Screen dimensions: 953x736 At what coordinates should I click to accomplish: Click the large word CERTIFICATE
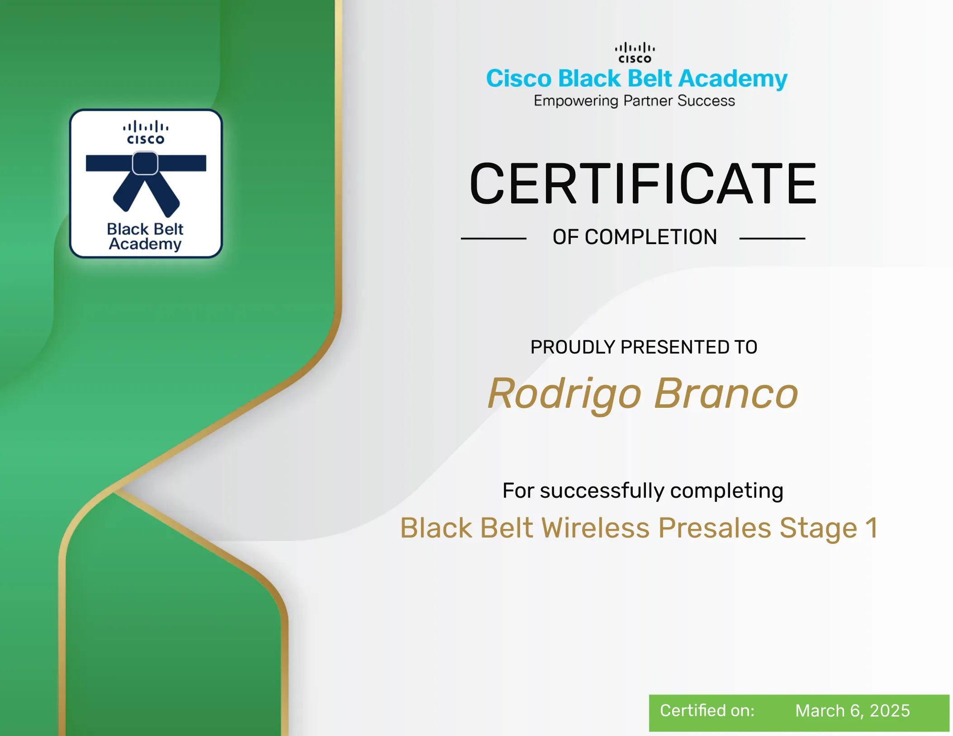point(643,184)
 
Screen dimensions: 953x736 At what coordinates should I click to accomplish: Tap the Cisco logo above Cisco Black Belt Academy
point(635,53)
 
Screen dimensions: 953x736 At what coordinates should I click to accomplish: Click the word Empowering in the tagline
point(576,101)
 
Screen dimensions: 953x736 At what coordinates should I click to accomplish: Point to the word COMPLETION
point(651,237)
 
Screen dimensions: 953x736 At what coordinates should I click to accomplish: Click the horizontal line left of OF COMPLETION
point(493,238)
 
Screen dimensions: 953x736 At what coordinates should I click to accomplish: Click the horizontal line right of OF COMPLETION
point(773,238)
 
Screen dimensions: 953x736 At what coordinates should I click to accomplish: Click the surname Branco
point(726,394)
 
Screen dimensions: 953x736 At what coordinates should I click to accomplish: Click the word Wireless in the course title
point(595,528)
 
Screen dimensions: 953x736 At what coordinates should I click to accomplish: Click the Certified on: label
point(707,711)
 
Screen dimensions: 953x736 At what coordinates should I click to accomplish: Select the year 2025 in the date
point(890,711)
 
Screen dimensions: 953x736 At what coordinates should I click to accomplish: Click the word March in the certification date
point(820,711)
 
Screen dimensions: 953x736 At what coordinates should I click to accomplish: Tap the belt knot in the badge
point(145,163)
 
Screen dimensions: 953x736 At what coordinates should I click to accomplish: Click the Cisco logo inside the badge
point(146,132)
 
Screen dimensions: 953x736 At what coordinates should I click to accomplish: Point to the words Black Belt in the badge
point(145,229)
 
